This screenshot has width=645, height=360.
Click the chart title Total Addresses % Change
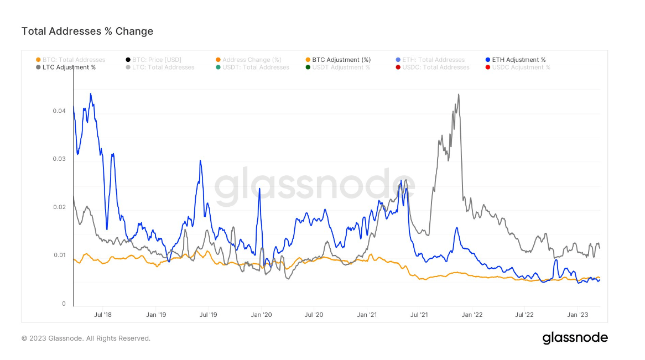[87, 32]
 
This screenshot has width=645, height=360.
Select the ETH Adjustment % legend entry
[518, 60]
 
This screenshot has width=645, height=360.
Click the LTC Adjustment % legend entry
[69, 67]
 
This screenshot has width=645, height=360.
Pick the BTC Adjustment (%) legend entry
[341, 60]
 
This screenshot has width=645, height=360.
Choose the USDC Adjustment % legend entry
[521, 67]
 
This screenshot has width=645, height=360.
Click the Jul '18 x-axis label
[103, 315]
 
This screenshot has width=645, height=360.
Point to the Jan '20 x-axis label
[261, 315]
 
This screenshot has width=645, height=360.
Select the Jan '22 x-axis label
[472, 315]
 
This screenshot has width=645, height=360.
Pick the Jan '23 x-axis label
[578, 315]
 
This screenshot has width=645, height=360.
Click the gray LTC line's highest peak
[459, 95]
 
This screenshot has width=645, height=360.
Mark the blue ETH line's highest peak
[90, 93]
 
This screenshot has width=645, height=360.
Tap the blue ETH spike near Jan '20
[259, 189]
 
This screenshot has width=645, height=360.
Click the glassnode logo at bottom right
[575, 338]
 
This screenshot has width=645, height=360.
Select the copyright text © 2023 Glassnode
[86, 338]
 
